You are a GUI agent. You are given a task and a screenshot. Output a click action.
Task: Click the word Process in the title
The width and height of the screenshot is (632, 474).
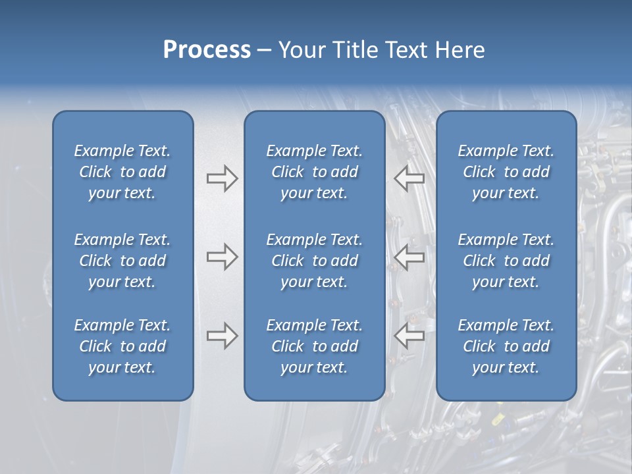pyautogui.click(x=207, y=50)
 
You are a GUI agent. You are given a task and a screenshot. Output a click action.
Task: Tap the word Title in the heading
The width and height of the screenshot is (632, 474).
pyautogui.click(x=348, y=50)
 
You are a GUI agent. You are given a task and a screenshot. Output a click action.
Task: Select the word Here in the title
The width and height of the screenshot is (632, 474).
pyautogui.click(x=460, y=50)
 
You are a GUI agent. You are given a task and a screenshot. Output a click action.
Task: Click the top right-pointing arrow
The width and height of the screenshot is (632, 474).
pyautogui.click(x=222, y=178)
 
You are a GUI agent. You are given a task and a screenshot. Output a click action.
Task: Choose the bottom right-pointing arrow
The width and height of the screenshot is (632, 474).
pyautogui.click(x=222, y=336)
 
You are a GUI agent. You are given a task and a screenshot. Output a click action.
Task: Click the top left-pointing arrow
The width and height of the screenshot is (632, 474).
pyautogui.click(x=409, y=178)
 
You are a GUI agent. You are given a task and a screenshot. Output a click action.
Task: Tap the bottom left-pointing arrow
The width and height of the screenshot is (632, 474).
pyautogui.click(x=409, y=336)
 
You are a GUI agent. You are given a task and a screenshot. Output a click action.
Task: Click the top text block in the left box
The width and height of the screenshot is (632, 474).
pyautogui.click(x=122, y=172)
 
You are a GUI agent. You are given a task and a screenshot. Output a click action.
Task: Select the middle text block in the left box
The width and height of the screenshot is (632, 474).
pyautogui.click(x=122, y=261)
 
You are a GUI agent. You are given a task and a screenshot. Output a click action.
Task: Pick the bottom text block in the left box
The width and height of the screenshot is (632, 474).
pyautogui.click(x=122, y=346)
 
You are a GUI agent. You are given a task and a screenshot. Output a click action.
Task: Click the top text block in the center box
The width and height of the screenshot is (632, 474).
pyautogui.click(x=314, y=172)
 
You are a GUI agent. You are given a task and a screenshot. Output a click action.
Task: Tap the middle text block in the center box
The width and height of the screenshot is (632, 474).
pyautogui.click(x=314, y=261)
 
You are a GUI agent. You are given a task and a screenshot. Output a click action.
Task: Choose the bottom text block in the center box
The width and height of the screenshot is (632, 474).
pyautogui.click(x=314, y=346)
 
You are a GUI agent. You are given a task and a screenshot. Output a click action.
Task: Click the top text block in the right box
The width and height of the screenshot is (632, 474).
pyautogui.click(x=506, y=172)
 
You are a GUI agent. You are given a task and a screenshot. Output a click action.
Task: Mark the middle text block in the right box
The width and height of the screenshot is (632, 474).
pyautogui.click(x=506, y=261)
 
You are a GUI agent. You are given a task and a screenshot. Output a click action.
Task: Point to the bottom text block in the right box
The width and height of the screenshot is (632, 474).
pyautogui.click(x=506, y=346)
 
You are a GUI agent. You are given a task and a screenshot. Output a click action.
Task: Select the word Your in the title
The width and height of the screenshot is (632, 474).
pyautogui.click(x=300, y=50)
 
